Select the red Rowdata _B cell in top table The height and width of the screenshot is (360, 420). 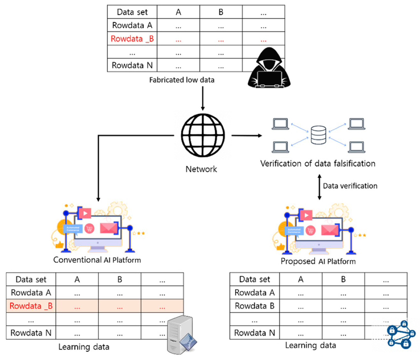(x=133, y=38)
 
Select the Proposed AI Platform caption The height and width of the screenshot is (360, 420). (x=318, y=261)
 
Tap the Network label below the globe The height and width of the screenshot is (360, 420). (x=203, y=169)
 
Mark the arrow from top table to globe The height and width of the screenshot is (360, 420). (x=203, y=99)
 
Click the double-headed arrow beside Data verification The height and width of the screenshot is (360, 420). (x=318, y=186)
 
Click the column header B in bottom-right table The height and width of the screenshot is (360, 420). (x=343, y=279)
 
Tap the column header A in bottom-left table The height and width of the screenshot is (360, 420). (x=77, y=279)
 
